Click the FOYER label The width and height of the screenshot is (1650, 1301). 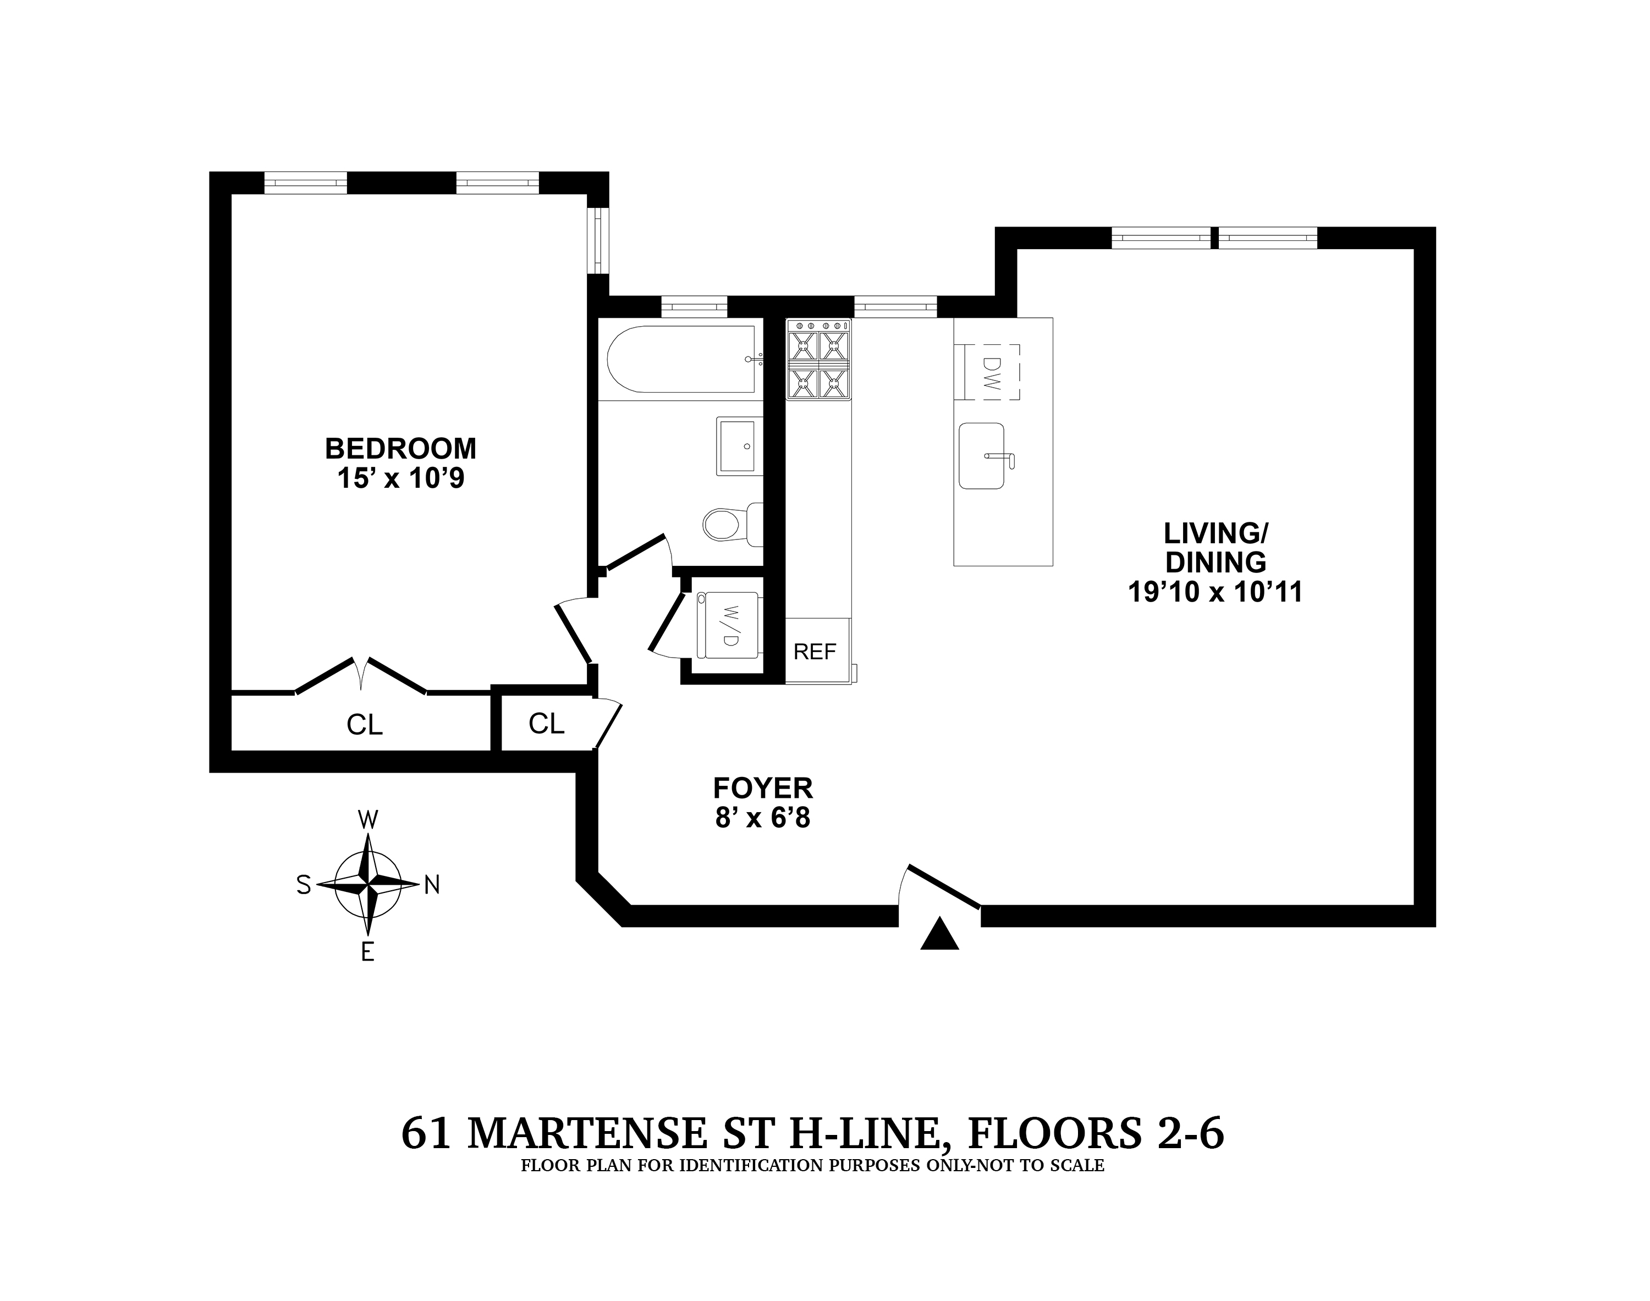762,787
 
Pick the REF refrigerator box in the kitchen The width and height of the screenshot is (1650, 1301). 815,651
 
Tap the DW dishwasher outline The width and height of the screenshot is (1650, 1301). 991,372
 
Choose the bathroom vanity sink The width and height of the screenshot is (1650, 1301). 739,445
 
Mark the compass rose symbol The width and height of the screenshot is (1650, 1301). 368,884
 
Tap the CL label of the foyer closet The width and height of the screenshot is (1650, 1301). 546,724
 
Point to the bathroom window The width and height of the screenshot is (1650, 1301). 694,306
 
